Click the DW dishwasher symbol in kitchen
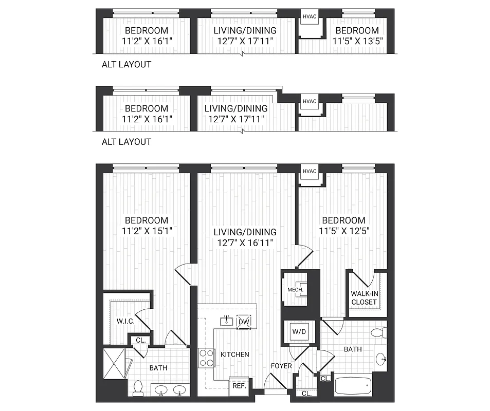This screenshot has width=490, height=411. click(243, 322)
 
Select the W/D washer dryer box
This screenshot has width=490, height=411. click(298, 331)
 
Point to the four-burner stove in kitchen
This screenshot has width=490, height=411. click(207, 358)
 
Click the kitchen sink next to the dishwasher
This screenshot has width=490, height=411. click(226, 322)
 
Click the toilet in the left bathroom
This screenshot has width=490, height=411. click(138, 388)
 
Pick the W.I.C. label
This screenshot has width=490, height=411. click(125, 322)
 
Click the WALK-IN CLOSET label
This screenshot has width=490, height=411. click(364, 297)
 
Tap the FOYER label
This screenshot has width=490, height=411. click(281, 366)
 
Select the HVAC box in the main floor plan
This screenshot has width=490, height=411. click(308, 171)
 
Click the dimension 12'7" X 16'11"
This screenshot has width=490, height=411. click(245, 243)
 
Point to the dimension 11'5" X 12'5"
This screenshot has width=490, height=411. click(344, 231)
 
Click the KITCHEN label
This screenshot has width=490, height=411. click(234, 354)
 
